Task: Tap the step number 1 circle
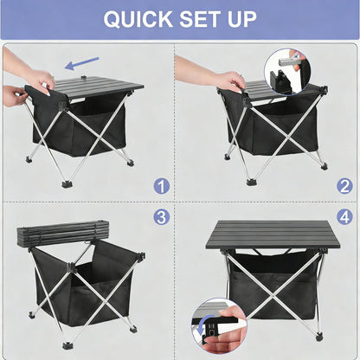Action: point(161,185)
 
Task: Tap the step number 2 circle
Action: point(344,185)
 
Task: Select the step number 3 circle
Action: point(161,216)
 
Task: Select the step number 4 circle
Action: point(344,216)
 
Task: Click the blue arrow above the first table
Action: point(83,63)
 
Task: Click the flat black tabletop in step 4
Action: point(270,235)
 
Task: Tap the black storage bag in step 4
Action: point(272,281)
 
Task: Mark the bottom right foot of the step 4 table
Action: point(319,336)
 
